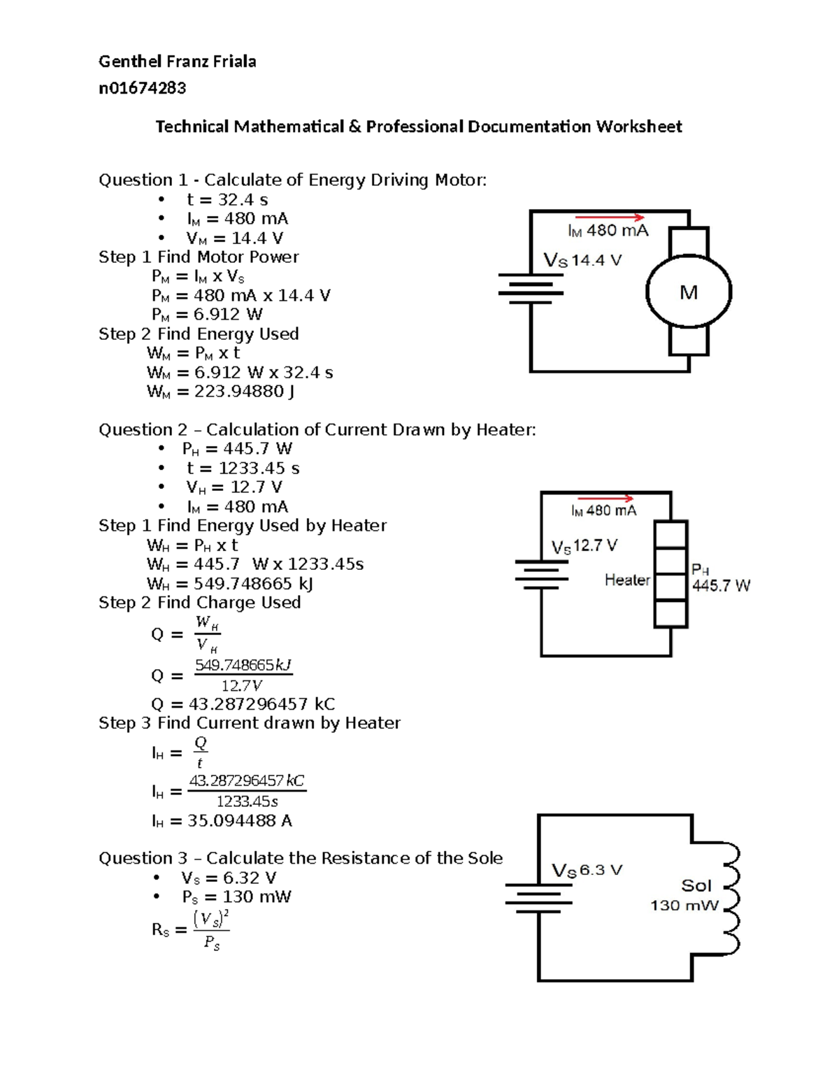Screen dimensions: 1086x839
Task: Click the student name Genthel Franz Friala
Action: (177, 62)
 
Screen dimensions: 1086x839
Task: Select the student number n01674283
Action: (142, 88)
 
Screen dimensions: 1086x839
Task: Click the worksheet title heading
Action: (418, 127)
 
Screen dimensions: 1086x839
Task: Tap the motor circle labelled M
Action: (689, 292)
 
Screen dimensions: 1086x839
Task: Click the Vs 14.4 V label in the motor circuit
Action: (582, 261)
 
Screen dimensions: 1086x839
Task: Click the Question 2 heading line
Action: (317, 430)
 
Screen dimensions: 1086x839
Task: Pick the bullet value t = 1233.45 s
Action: (242, 469)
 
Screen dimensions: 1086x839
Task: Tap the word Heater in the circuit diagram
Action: (627, 580)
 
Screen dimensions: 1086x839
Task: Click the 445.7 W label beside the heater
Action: (721, 586)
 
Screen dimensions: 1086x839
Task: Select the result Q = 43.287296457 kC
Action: (243, 704)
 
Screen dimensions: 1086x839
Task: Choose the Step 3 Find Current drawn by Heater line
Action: (250, 723)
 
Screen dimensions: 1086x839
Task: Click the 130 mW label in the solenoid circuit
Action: (684, 906)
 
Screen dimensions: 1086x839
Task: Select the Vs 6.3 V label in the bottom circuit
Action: (587, 871)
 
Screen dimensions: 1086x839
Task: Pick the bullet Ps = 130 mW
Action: (236, 897)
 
